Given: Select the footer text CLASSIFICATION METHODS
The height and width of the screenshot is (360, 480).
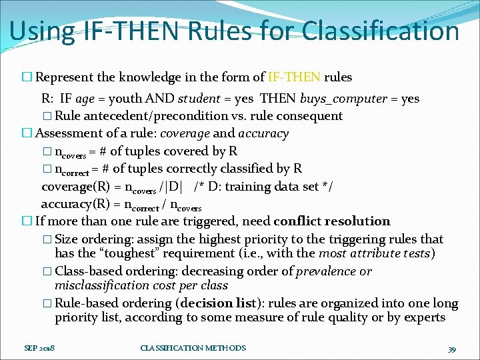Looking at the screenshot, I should (193, 348).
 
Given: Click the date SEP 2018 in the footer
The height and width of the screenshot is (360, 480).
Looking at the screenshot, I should (39, 348).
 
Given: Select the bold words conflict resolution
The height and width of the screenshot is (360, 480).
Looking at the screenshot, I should (331, 221).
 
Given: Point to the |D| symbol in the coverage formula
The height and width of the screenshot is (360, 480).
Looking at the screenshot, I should (175, 187).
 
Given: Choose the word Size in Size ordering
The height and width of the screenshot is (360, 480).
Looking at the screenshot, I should (67, 239).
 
